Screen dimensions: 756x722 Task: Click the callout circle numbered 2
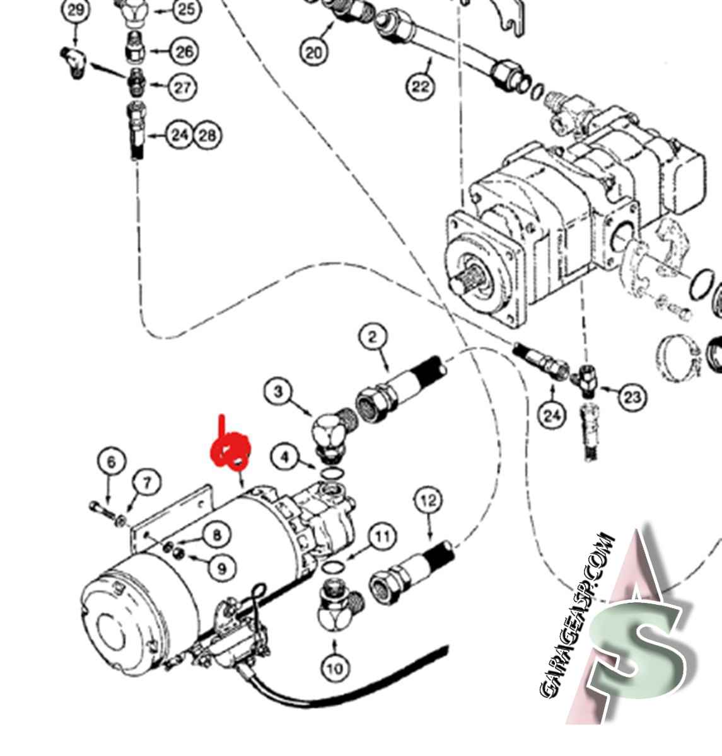coord(373,337)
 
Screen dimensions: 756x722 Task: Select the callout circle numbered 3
coord(279,392)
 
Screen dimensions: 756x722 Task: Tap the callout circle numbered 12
coord(428,501)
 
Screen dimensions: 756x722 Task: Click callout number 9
coord(221,568)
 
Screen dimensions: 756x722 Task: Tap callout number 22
coord(421,86)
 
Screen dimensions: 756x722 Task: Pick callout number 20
coord(313,52)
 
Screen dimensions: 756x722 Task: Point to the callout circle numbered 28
coord(207,135)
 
